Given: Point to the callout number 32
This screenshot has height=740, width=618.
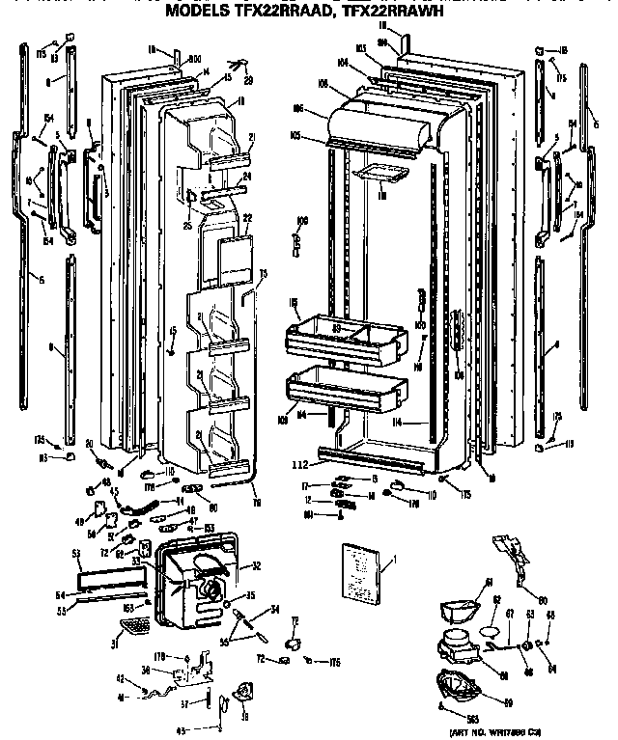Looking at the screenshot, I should point(256,567).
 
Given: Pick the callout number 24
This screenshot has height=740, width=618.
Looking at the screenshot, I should point(246,177).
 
